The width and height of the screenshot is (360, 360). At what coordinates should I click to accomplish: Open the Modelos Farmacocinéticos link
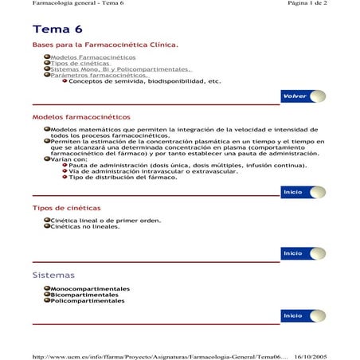(92, 57)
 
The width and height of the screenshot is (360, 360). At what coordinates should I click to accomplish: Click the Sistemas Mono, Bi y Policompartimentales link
(120, 69)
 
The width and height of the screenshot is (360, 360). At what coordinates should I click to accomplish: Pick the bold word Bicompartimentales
(84, 294)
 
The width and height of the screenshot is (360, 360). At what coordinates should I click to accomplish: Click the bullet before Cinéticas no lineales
(47, 225)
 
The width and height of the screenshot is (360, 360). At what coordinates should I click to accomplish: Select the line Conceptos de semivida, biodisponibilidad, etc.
(144, 81)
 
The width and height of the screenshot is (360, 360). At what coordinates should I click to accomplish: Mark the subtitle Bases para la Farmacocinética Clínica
(105, 45)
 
